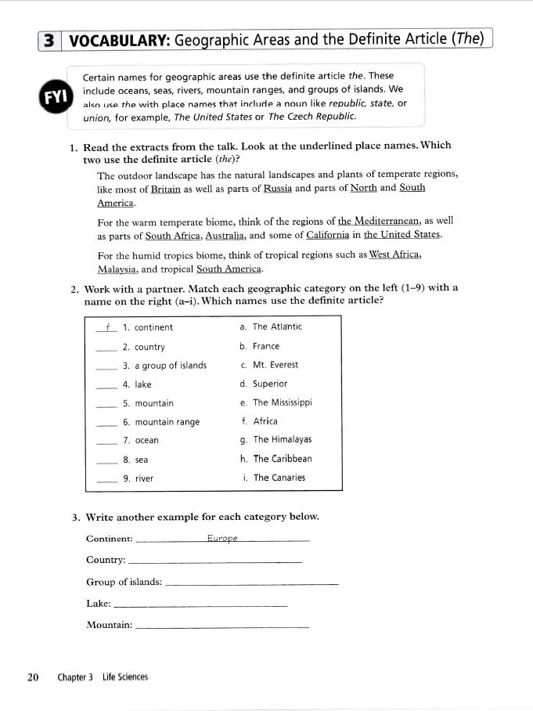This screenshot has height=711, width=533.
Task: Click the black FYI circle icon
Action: [54, 97]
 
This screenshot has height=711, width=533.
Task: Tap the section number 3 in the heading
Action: [49, 40]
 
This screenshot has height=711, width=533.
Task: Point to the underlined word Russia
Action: [277, 189]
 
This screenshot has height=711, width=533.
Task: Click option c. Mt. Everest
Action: [269, 365]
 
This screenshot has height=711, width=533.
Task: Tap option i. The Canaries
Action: [274, 478]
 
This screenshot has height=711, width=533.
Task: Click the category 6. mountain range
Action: [160, 422]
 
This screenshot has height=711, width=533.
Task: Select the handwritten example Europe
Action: [221, 538]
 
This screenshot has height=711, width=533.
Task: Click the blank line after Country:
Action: [214, 561]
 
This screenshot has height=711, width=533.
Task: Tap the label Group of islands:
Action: [124, 582]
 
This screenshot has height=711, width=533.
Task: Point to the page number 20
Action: [33, 677]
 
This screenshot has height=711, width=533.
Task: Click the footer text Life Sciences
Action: [124, 677]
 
